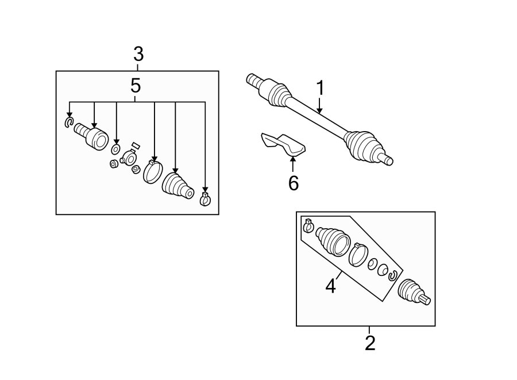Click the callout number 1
pos(320,89)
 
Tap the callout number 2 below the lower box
pos(370,343)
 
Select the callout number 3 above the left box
pos(138,55)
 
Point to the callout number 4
pos(330,286)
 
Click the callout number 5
pos(136,86)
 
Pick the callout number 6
pos(293,183)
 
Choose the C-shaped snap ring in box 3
pos(69,122)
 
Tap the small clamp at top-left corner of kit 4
pos(307,226)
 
